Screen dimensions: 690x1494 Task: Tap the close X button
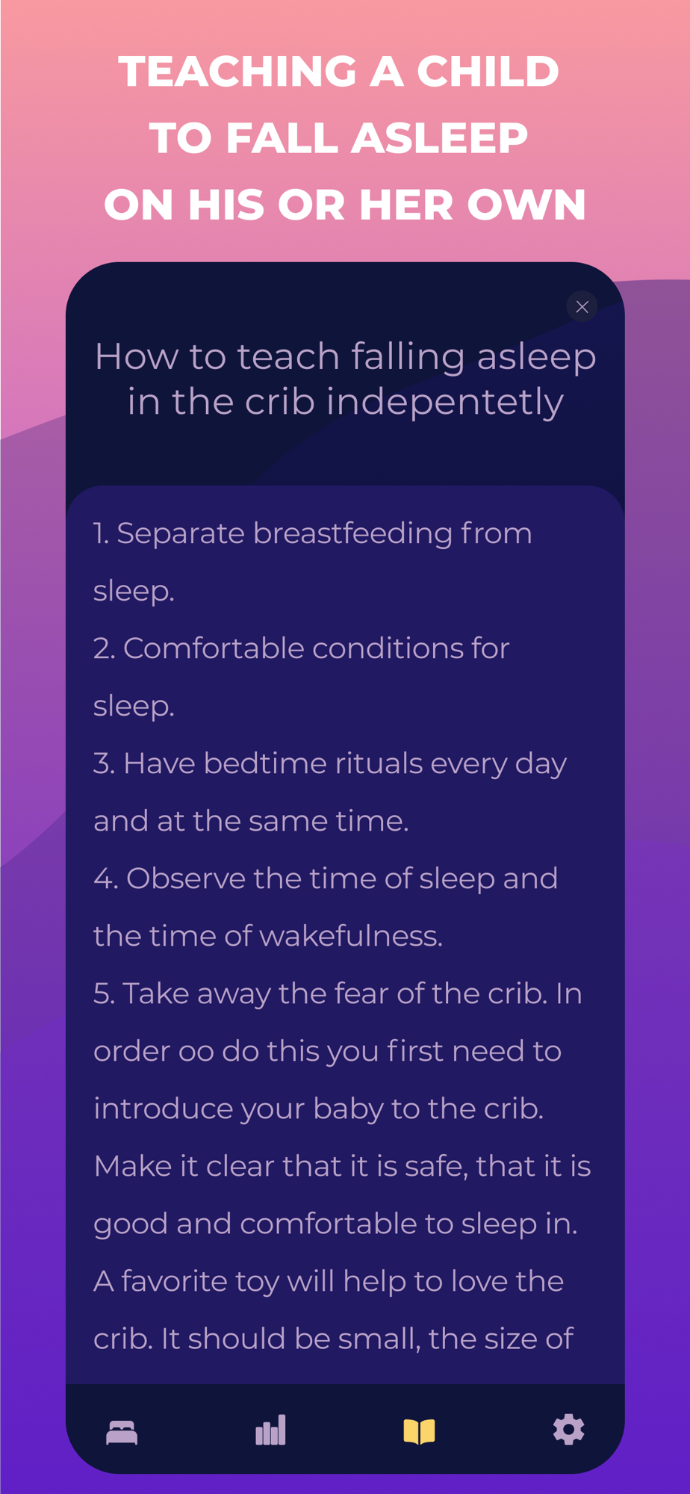(x=582, y=306)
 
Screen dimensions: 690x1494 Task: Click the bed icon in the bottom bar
(x=122, y=1432)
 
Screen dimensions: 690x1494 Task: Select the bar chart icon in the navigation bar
(x=270, y=1430)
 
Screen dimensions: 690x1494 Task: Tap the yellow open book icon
(x=419, y=1432)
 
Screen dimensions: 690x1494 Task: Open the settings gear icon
(x=568, y=1430)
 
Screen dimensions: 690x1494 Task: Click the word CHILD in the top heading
(x=488, y=72)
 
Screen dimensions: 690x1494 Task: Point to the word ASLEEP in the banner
(x=440, y=138)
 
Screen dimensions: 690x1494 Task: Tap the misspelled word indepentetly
(x=445, y=402)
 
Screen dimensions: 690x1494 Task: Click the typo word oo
(x=196, y=1051)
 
